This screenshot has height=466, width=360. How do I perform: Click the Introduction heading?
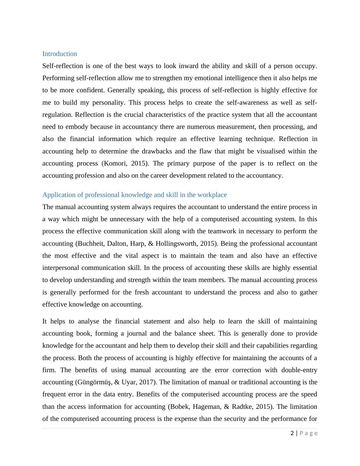coord(60,54)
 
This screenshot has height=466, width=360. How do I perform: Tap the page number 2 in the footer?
coord(292,433)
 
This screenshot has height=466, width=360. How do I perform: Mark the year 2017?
coord(147,382)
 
